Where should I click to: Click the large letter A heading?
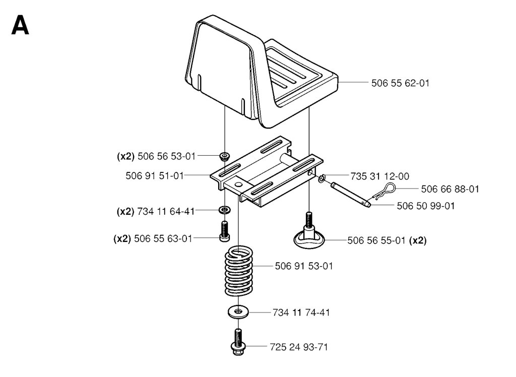coord(20,26)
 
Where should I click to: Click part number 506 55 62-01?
coord(400,83)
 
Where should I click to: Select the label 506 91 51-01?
coord(154,176)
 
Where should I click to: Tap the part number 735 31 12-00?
coord(379,176)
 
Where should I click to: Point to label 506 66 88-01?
coord(450,189)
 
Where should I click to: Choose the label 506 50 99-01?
coord(425,206)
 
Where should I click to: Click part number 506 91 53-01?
coord(304,266)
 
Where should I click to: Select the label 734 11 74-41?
coord(301,312)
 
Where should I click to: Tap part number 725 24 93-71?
coord(299,347)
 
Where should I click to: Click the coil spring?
coord(238,270)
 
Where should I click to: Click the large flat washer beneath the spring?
coord(238,311)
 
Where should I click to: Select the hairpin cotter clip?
coord(384,191)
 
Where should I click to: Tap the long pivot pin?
coord(351,195)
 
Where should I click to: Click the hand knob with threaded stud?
coord(309,232)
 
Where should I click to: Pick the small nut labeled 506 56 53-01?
coord(225,156)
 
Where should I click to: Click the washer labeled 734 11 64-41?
coord(225,210)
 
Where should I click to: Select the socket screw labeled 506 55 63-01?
coord(224,231)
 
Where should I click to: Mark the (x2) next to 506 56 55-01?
coord(418,241)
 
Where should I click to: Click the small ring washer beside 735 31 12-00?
coord(321,178)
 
